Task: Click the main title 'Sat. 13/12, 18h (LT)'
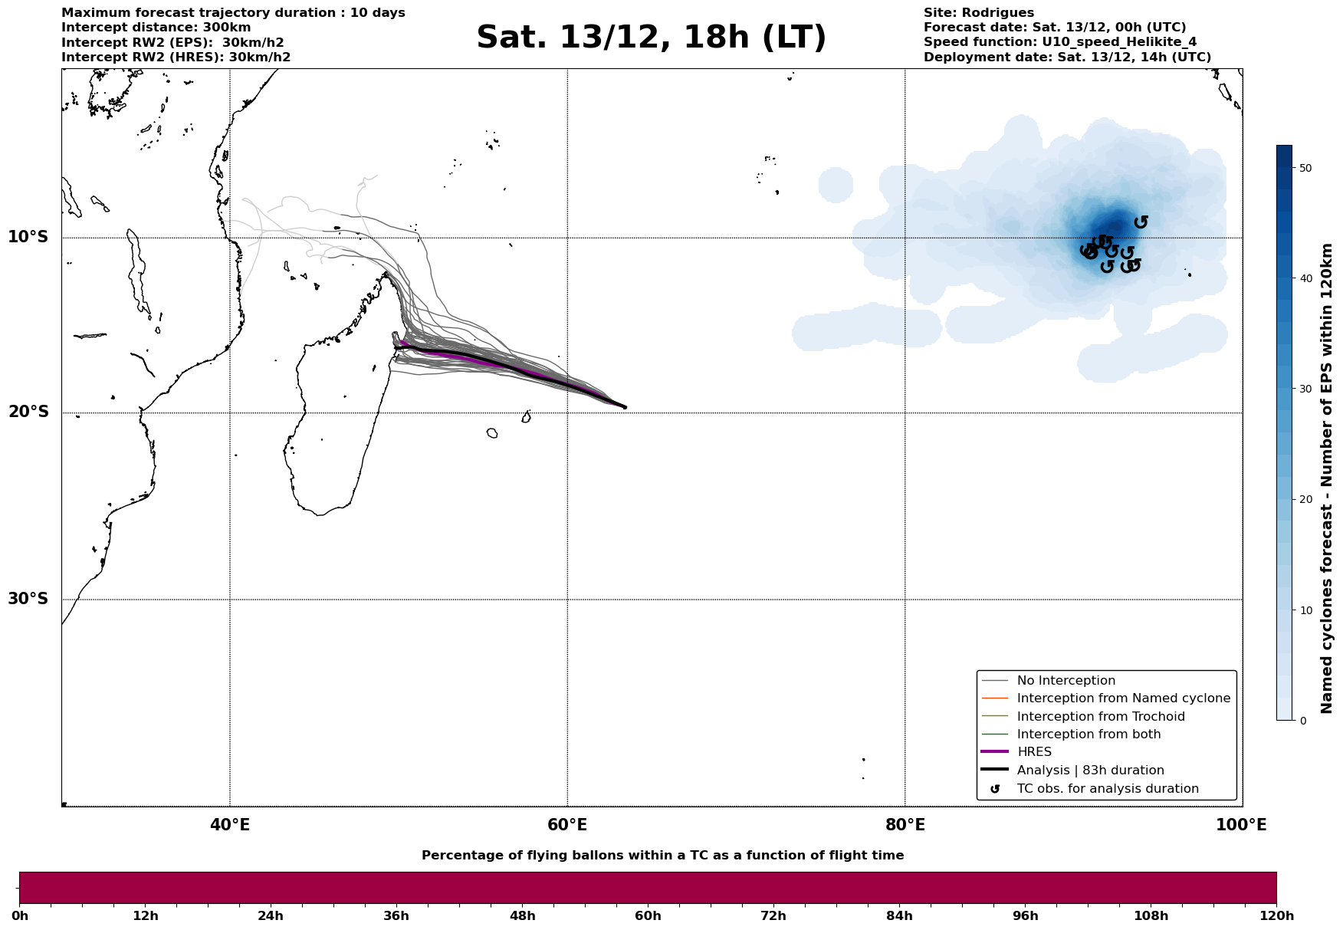pos(651,38)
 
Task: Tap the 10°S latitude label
pos(28,237)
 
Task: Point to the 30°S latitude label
pos(28,599)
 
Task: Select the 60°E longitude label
pos(567,825)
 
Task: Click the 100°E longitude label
pos(1241,825)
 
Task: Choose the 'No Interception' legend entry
pos(1066,681)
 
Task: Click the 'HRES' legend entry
pos(1034,752)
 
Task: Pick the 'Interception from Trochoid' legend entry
pos(1100,717)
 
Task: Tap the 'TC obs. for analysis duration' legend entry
pos(1107,789)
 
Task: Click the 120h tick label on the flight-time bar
pos(1276,916)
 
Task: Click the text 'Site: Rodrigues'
pos(978,13)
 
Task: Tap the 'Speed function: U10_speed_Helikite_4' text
pos(1059,42)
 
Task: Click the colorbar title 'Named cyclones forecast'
pos(1328,478)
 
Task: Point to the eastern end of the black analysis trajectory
pos(625,407)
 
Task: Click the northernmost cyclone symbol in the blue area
pos(1141,222)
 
